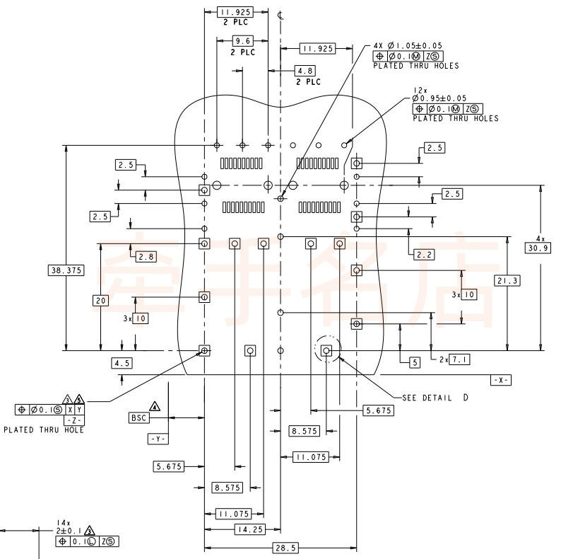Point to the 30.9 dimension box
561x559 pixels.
538,248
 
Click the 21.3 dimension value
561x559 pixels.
507,281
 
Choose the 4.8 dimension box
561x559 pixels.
305,71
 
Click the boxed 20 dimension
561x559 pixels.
100,300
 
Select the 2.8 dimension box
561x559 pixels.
146,256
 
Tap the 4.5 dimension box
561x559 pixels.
122,363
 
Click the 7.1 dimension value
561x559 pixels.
460,359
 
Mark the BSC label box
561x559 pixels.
138,417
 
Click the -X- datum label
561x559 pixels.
501,380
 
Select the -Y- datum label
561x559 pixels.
158,439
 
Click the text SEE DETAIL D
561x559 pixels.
435,398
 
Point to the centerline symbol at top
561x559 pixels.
281,15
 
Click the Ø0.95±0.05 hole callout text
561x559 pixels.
439,98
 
